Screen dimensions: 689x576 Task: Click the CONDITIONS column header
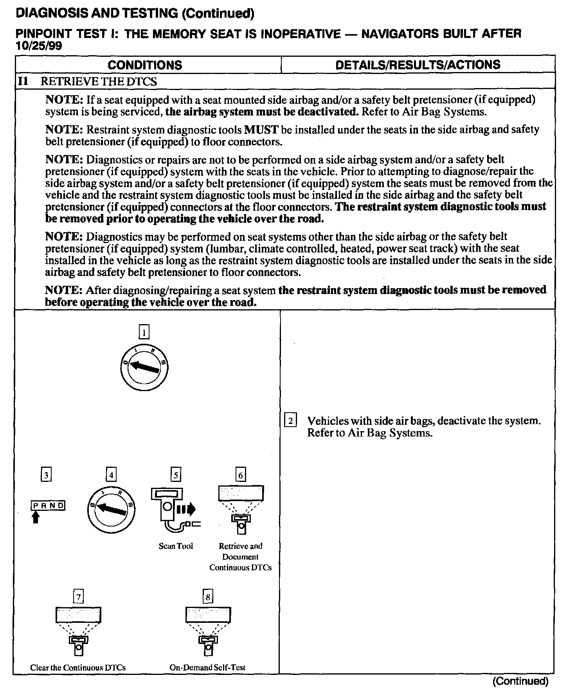tap(145, 65)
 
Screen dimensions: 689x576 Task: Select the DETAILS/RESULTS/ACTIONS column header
tap(418, 65)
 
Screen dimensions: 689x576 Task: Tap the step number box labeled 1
tap(144, 333)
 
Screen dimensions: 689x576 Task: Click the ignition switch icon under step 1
tap(144, 367)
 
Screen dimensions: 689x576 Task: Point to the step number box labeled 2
tap(290, 421)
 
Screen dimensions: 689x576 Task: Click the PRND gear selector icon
tap(48, 505)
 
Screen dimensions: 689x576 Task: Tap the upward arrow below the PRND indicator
tap(36, 518)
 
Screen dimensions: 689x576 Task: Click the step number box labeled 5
tap(176, 475)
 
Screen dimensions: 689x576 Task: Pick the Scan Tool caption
tap(176, 546)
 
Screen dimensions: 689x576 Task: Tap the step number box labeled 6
tap(241, 475)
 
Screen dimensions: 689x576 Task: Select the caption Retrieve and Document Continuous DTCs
tap(240, 557)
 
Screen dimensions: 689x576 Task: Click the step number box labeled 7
tap(79, 597)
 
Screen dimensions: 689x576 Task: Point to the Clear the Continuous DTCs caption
tap(78, 667)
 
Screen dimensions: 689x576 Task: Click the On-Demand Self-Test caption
tap(207, 667)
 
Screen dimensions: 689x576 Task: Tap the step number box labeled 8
tap(208, 597)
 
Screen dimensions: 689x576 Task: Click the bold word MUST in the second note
tap(261, 130)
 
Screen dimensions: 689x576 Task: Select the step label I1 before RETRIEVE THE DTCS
tap(23, 81)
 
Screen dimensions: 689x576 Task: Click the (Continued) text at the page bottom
tap(520, 681)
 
